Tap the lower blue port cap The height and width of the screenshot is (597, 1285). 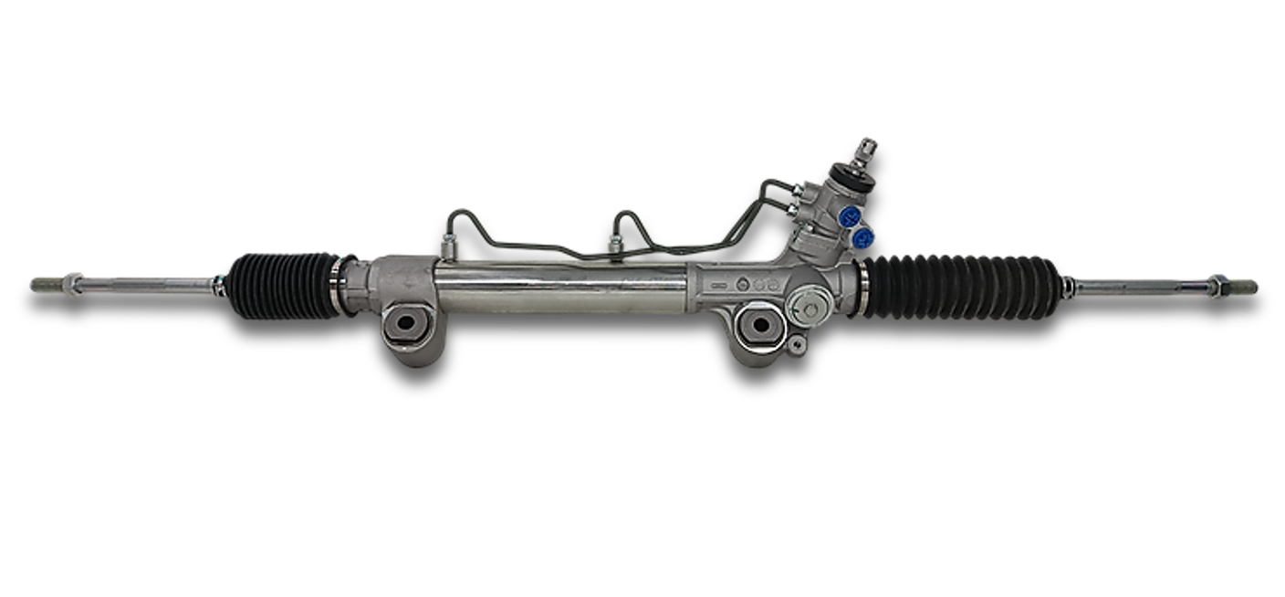[862, 238]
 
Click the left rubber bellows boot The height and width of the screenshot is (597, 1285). [284, 284]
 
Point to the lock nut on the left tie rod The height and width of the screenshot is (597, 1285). [71, 284]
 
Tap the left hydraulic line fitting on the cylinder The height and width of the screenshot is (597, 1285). [448, 245]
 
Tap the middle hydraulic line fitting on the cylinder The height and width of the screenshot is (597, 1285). [616, 244]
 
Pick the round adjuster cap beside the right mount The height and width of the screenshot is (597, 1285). [808, 309]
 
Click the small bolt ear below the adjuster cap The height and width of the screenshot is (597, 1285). [797, 344]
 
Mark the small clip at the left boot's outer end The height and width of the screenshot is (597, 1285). [219, 284]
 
